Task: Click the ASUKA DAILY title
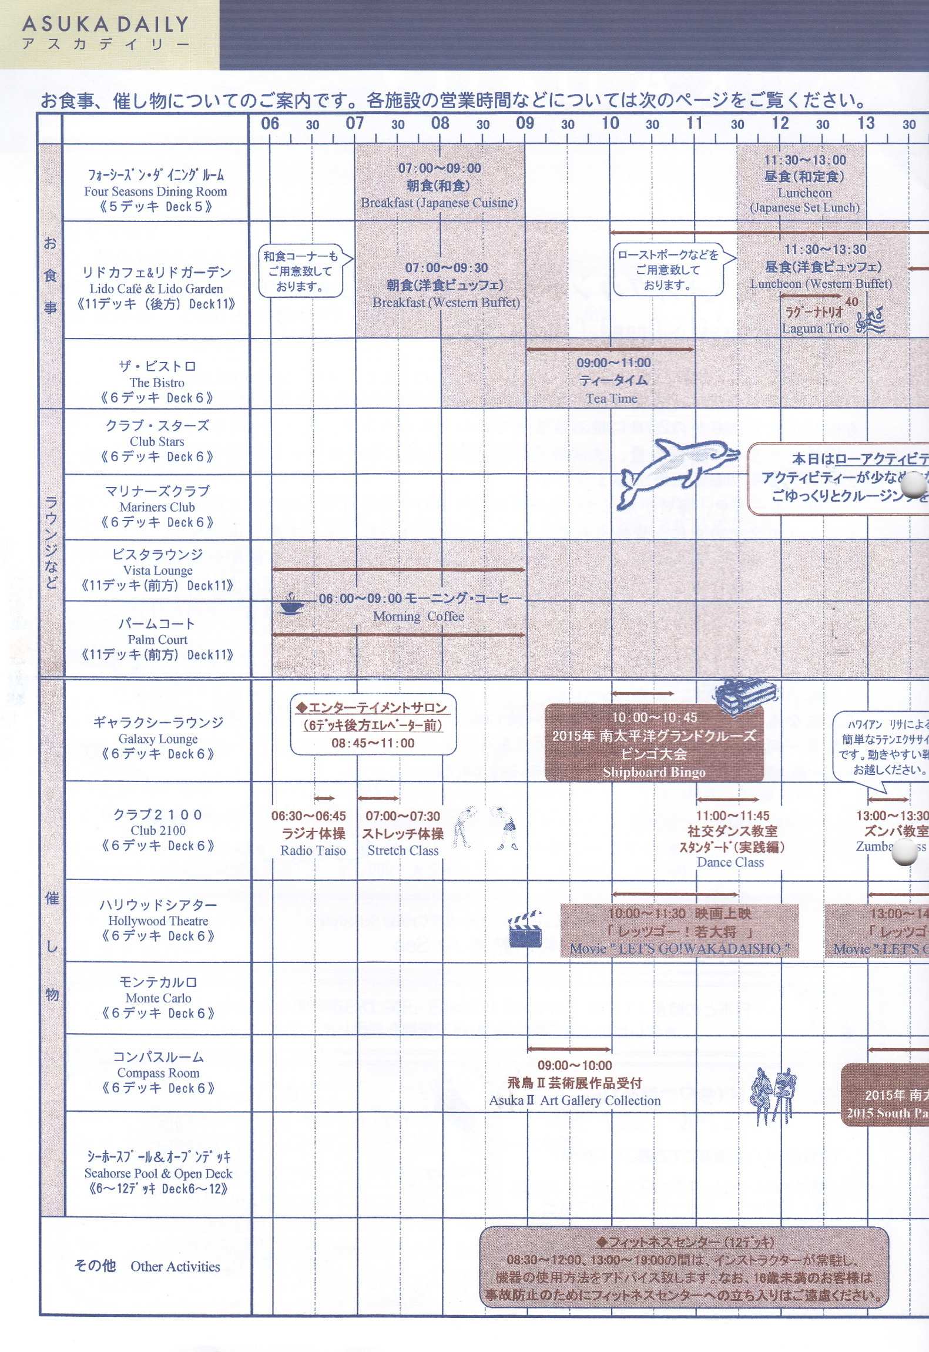coord(106,25)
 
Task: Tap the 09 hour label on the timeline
coord(525,123)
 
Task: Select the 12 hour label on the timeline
coord(780,123)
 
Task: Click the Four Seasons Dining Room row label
coord(155,192)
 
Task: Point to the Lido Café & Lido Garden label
coord(156,288)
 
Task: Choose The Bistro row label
coord(157,383)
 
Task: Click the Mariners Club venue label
coord(157,507)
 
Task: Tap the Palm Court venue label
coord(157,639)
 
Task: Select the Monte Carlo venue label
coord(158,998)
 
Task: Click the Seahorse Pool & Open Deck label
coord(158,1173)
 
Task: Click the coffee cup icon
coord(291,604)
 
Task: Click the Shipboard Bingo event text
coord(654,772)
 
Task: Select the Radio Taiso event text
coord(313,850)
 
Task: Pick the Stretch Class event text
coord(403,850)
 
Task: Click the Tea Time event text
coord(611,398)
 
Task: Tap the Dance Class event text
coord(730,862)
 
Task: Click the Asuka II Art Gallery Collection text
coord(575,1101)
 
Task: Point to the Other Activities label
coord(175,1266)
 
